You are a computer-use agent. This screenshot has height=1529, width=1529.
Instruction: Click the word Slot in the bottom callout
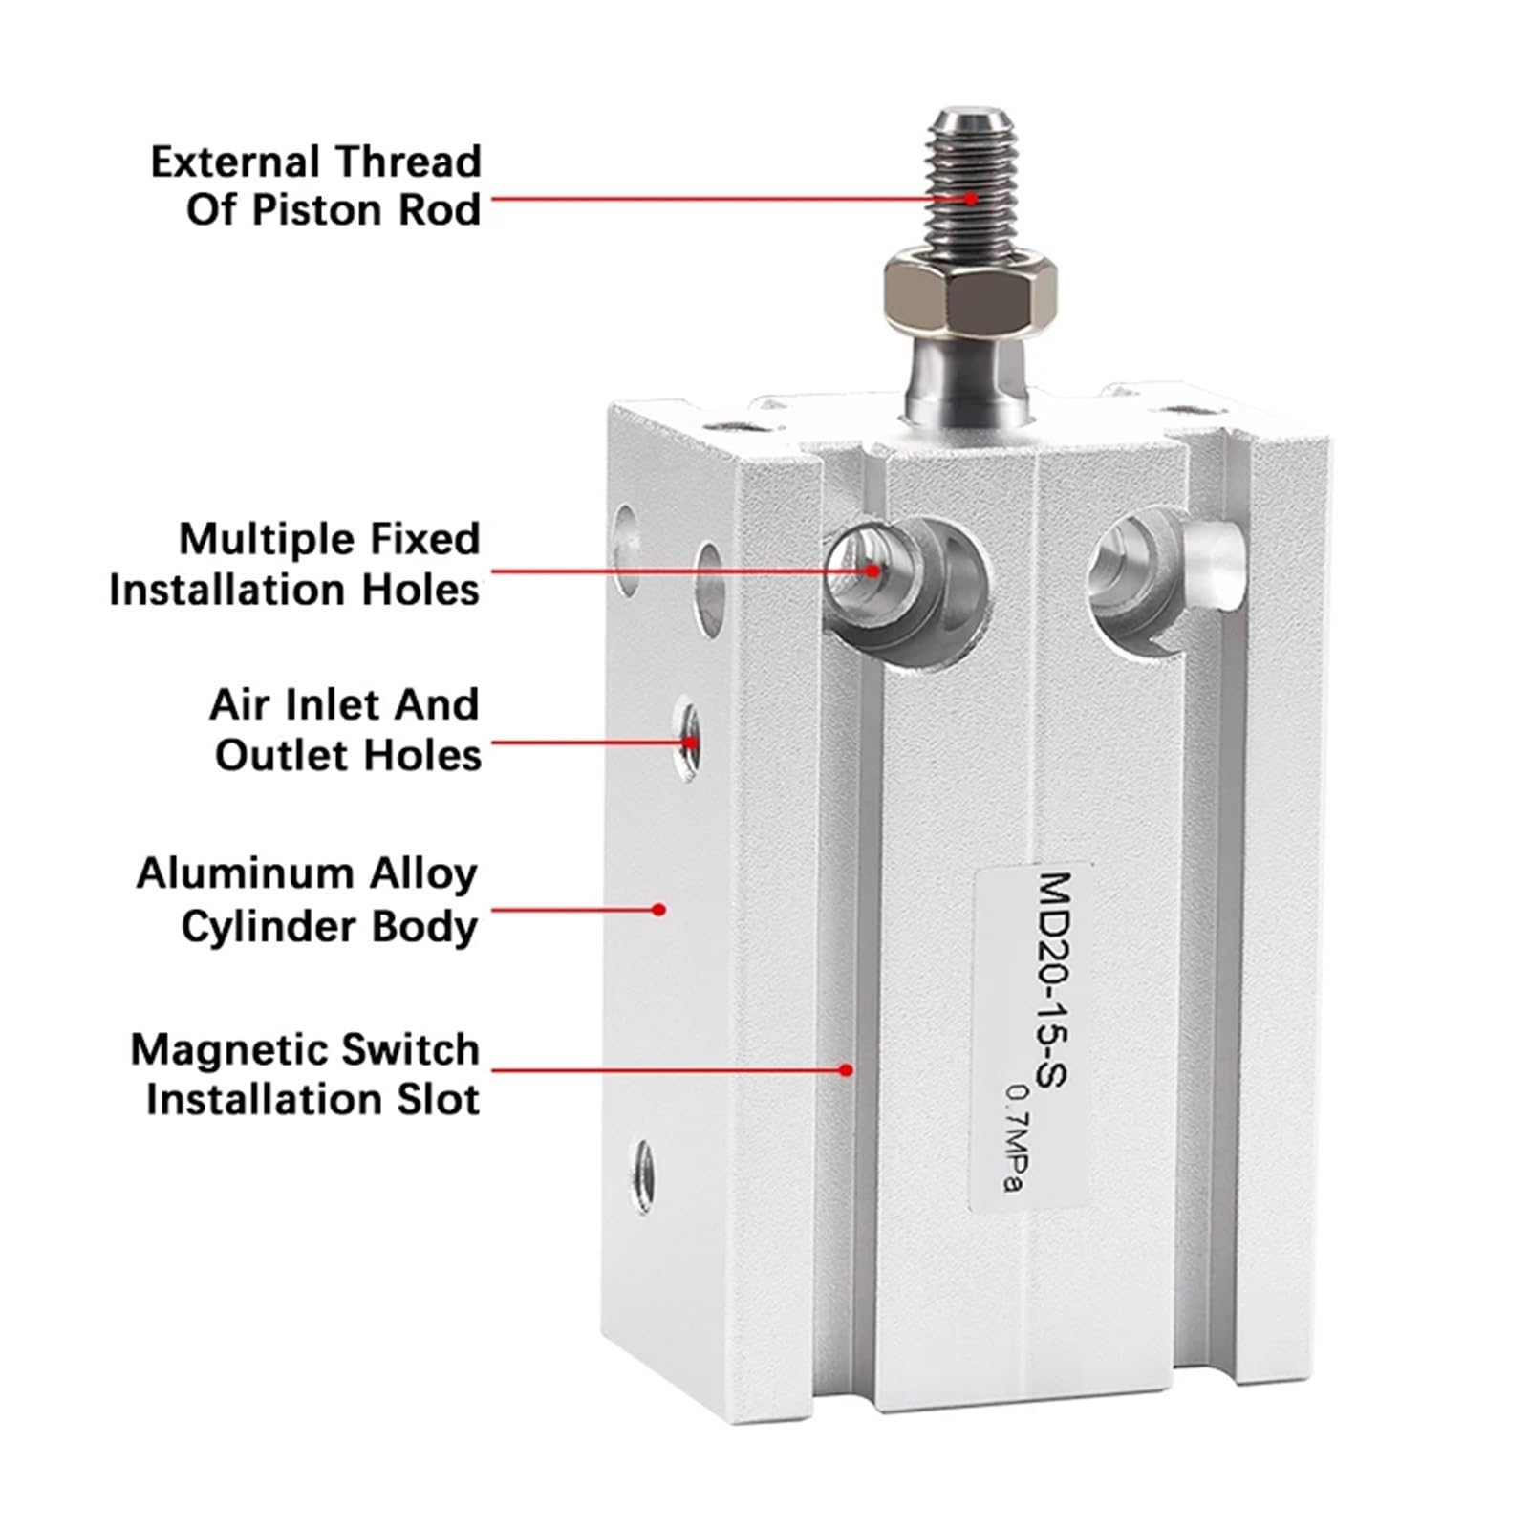pyautogui.click(x=440, y=1099)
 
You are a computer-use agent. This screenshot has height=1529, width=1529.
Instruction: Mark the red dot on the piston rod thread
pyautogui.click(x=971, y=199)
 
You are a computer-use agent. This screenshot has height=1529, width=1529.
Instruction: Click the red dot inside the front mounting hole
pyautogui.click(x=872, y=571)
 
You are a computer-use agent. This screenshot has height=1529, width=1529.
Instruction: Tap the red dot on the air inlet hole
pyautogui.click(x=688, y=742)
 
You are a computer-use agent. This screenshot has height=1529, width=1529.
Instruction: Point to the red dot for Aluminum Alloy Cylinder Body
pyautogui.click(x=658, y=910)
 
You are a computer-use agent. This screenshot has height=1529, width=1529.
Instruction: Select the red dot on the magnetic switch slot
pyautogui.click(x=846, y=1069)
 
